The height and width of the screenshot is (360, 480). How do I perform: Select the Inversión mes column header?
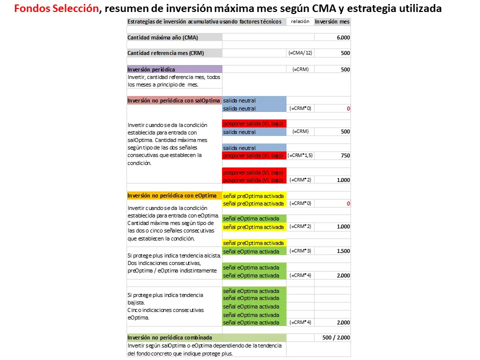point(332,21)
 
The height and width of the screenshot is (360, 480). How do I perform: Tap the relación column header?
point(300,21)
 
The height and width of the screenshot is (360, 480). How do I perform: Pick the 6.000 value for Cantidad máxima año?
point(343,37)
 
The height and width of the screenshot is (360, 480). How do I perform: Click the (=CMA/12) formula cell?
point(300,53)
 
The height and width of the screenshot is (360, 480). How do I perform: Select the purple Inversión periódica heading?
point(151,69)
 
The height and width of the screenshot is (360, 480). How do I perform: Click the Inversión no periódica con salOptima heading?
point(173,100)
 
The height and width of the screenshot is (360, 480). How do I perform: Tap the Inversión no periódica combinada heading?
point(169,337)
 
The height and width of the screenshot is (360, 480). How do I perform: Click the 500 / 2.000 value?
point(335,337)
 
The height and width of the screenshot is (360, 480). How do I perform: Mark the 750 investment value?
point(345,155)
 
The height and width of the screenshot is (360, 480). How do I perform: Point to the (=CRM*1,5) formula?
point(300,155)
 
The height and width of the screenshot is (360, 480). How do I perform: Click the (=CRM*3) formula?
point(300,251)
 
